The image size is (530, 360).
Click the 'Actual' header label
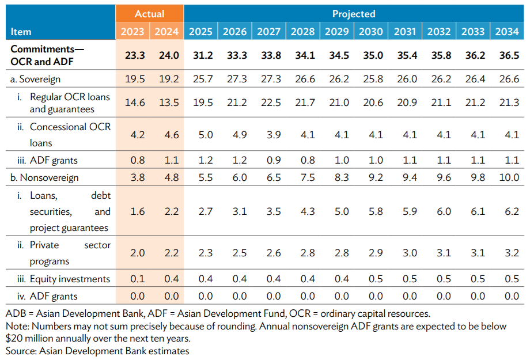tap(149, 13)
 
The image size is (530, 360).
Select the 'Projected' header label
tap(354, 13)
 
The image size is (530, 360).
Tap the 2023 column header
tap(133, 31)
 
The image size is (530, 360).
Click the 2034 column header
tap(508, 31)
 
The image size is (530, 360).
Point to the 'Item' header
tap(21, 32)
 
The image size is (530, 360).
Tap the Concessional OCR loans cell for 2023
tap(133, 135)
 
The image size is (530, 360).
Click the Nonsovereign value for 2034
tap(508, 178)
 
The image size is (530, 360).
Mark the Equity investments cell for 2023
tap(133, 279)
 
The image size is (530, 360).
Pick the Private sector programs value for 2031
tap(405, 253)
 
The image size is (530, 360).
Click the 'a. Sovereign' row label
tap(35, 79)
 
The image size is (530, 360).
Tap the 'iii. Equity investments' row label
tap(62, 279)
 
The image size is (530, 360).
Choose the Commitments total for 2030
tap(371, 55)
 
